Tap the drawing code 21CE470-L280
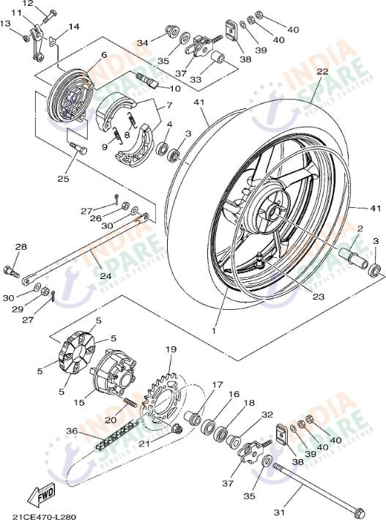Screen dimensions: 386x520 [x=44, y=516]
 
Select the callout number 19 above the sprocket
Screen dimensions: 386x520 [x=171, y=349]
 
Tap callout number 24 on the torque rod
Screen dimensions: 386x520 [x=105, y=275]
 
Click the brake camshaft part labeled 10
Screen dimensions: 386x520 [x=146, y=80]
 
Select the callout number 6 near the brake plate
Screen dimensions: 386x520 [x=104, y=55]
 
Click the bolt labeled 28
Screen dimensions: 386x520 [x=11, y=271]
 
